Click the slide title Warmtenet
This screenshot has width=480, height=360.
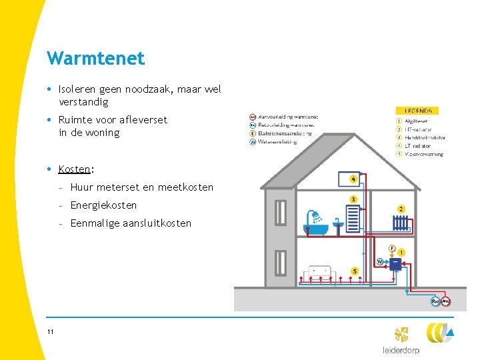(95, 59)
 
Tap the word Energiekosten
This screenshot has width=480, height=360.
(103, 205)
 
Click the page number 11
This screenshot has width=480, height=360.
(51, 332)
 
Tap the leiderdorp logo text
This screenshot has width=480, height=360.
(401, 350)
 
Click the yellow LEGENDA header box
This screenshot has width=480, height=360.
(418, 111)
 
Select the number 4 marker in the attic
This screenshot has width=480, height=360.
(353, 179)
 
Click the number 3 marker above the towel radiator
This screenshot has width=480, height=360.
(353, 199)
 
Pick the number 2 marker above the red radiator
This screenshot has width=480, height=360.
(401, 209)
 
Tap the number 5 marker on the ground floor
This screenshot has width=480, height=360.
(354, 271)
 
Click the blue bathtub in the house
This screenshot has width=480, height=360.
(314, 227)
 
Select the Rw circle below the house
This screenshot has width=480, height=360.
(435, 301)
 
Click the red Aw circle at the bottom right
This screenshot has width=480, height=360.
(445, 301)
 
